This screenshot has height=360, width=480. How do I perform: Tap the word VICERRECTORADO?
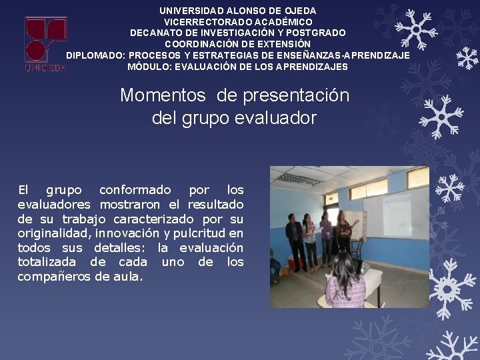(202, 22)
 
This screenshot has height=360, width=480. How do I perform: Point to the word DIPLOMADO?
(95, 55)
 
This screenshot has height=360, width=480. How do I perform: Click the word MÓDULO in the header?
(148, 67)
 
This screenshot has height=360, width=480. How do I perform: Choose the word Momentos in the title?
(163, 95)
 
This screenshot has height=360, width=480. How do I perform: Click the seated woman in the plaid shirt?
(345, 283)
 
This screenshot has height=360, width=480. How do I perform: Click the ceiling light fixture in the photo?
(297, 178)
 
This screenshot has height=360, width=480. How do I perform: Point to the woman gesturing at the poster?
(344, 233)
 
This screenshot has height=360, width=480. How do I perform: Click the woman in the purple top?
(326, 237)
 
